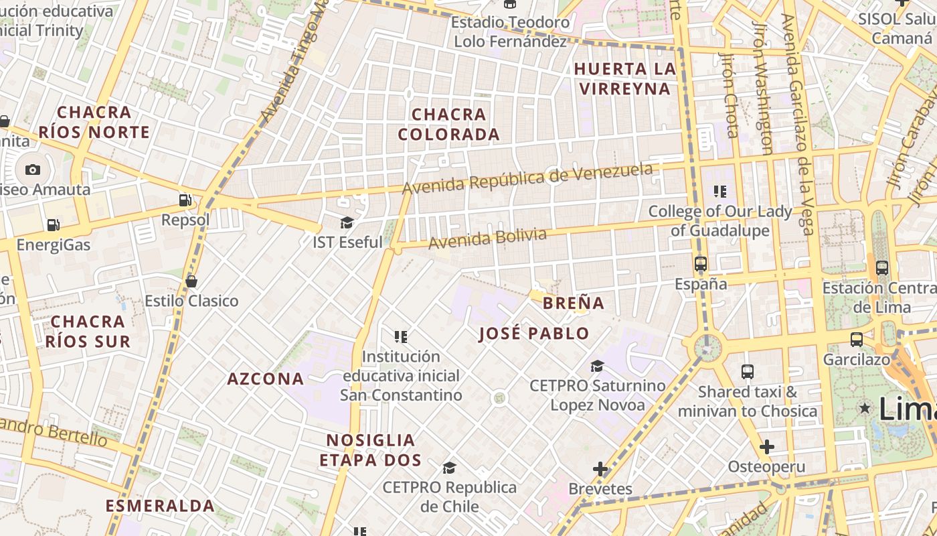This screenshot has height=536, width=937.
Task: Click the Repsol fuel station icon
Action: tap(185, 200)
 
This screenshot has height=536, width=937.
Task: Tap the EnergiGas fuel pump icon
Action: tap(53, 225)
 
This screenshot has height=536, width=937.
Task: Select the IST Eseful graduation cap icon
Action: tap(347, 222)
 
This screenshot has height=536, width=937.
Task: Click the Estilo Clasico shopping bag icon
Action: tap(191, 281)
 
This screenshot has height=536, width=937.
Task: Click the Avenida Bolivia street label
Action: tap(487, 239)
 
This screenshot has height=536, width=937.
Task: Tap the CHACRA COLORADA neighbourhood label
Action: tap(448, 124)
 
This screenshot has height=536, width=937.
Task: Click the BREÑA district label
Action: tap(574, 303)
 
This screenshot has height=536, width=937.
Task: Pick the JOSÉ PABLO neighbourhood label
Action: tap(534, 334)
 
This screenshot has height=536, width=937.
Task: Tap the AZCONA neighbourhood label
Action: tap(266, 379)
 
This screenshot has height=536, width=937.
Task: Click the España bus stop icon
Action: tap(701, 264)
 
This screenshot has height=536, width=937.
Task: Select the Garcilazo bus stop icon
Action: tap(857, 340)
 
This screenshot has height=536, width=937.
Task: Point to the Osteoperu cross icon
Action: tap(767, 447)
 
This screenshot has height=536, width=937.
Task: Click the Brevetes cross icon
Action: tap(600, 469)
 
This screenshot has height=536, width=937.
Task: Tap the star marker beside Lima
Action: tap(865, 407)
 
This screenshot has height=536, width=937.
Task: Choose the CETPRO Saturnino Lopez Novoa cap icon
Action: tap(597, 366)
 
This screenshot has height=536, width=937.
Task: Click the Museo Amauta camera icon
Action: tap(32, 170)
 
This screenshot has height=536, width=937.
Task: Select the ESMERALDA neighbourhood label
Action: tap(160, 506)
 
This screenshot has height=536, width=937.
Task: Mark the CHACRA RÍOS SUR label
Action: tap(88, 332)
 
